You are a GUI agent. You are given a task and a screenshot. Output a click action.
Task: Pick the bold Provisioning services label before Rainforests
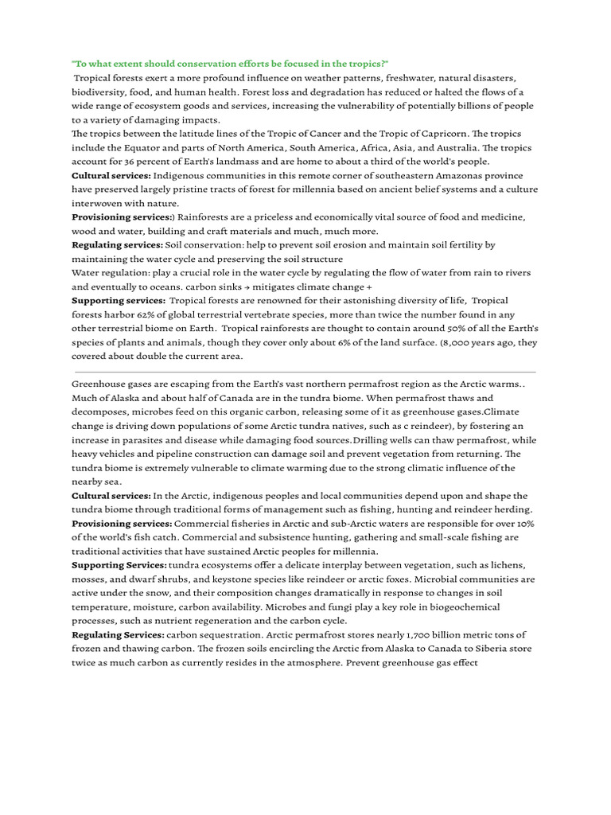click(x=122, y=216)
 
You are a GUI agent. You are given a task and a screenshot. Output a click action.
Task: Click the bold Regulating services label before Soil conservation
click(x=117, y=244)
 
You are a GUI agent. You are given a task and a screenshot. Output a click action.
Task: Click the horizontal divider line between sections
click(x=305, y=372)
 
